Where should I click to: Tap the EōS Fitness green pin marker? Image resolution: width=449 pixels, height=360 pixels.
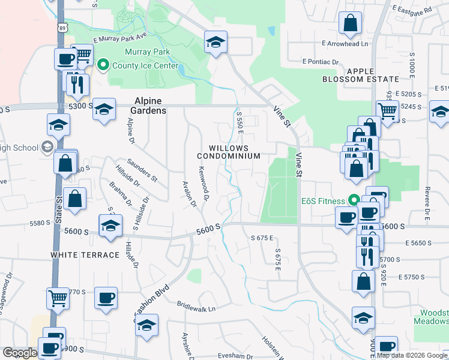tap(354, 200)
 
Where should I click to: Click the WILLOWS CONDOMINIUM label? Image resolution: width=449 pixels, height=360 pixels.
tap(229, 151)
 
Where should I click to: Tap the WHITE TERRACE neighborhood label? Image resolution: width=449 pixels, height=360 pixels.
tap(85, 255)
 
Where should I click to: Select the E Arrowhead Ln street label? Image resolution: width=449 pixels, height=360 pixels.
tap(345, 44)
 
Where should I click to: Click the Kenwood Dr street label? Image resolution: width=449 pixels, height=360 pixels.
tap(204, 184)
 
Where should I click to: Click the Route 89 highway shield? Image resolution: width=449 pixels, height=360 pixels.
tap(62, 28)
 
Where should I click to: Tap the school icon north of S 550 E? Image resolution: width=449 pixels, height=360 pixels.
tap(215, 42)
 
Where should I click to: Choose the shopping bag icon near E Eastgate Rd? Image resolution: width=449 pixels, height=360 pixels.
tap(351, 24)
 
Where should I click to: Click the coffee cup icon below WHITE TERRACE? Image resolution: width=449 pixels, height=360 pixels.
tap(106, 298)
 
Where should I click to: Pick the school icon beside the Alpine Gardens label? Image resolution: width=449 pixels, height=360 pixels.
tap(104, 109)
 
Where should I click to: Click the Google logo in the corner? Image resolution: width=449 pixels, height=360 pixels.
tap(20, 353)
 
